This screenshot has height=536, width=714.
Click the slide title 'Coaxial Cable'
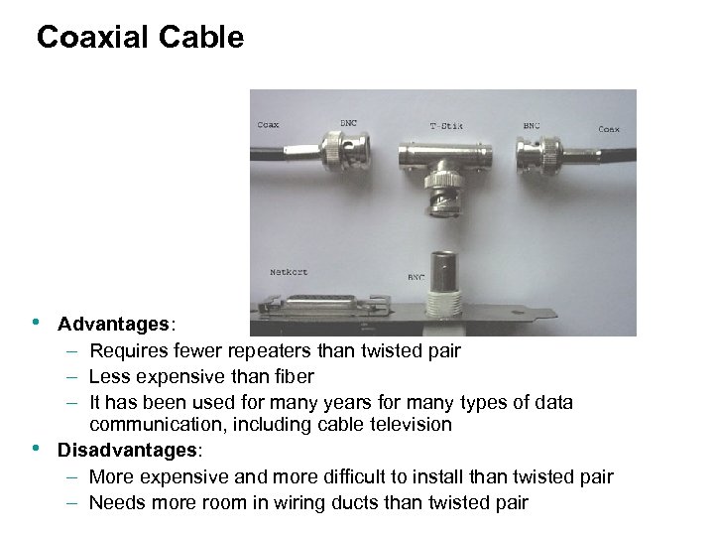click(x=139, y=38)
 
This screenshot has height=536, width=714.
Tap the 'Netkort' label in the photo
click(x=290, y=271)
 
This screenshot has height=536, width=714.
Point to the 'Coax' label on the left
click(x=268, y=125)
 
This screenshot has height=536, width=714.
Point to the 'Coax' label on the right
click(x=609, y=128)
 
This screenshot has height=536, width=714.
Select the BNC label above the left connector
click(x=349, y=122)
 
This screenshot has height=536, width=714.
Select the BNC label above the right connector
click(x=533, y=126)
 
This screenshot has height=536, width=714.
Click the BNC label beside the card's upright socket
click(x=417, y=279)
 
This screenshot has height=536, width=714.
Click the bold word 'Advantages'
click(x=114, y=325)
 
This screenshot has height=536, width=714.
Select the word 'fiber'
click(x=293, y=375)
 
